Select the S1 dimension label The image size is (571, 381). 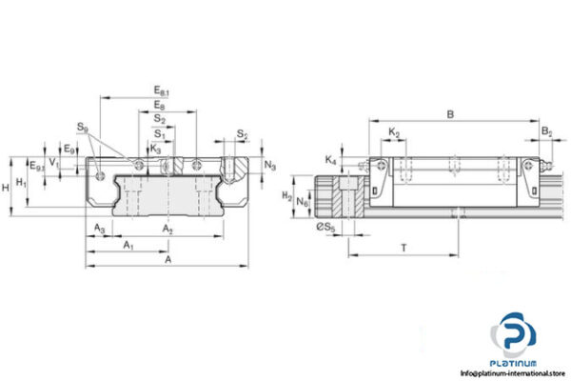coord(158,133)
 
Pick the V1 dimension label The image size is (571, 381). coord(54,163)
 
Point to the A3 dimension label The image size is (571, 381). coord(100,229)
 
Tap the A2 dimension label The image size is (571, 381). coord(168,229)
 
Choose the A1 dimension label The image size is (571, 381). coord(128,245)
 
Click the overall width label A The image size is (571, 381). coord(168,260)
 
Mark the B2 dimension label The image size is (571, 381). coord(546,131)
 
